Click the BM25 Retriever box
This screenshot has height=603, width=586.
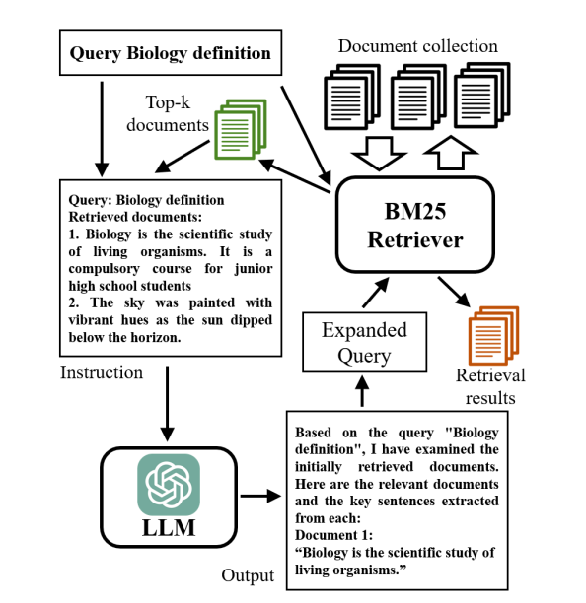(415, 225)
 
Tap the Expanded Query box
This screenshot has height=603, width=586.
(364, 342)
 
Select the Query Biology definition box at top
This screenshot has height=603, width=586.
(171, 52)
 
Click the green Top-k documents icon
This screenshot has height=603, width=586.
(241, 129)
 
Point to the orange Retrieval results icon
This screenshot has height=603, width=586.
(493, 335)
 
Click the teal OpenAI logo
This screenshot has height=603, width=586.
(169, 485)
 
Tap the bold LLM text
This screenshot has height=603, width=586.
(169, 528)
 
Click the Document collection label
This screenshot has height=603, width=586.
(417, 46)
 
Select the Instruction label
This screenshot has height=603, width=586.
(102, 372)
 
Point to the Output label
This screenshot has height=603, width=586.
(248, 575)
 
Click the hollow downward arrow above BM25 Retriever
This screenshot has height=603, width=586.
(379, 153)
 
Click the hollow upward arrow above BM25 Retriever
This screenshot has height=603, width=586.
(451, 153)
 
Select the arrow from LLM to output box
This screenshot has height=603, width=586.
(260, 496)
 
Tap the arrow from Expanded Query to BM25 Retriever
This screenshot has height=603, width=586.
(376, 293)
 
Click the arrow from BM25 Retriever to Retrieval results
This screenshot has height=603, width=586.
(454, 292)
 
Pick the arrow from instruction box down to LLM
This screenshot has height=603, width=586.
(167, 404)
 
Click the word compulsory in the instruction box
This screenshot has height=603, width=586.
(104, 269)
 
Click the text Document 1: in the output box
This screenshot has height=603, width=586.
(333, 535)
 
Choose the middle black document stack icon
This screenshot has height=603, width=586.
(418, 97)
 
